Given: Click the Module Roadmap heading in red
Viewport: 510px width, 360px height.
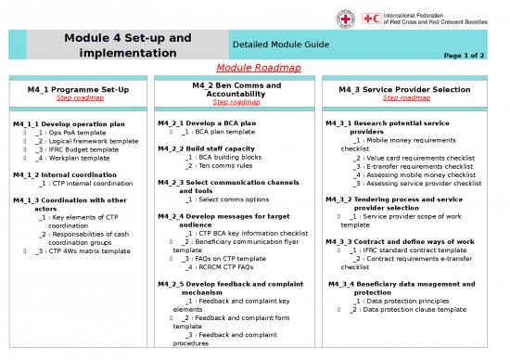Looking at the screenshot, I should click(254, 68).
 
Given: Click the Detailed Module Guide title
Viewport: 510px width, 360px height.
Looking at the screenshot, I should click(278, 45).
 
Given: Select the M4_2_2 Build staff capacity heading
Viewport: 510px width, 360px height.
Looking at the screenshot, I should click(207, 148).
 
